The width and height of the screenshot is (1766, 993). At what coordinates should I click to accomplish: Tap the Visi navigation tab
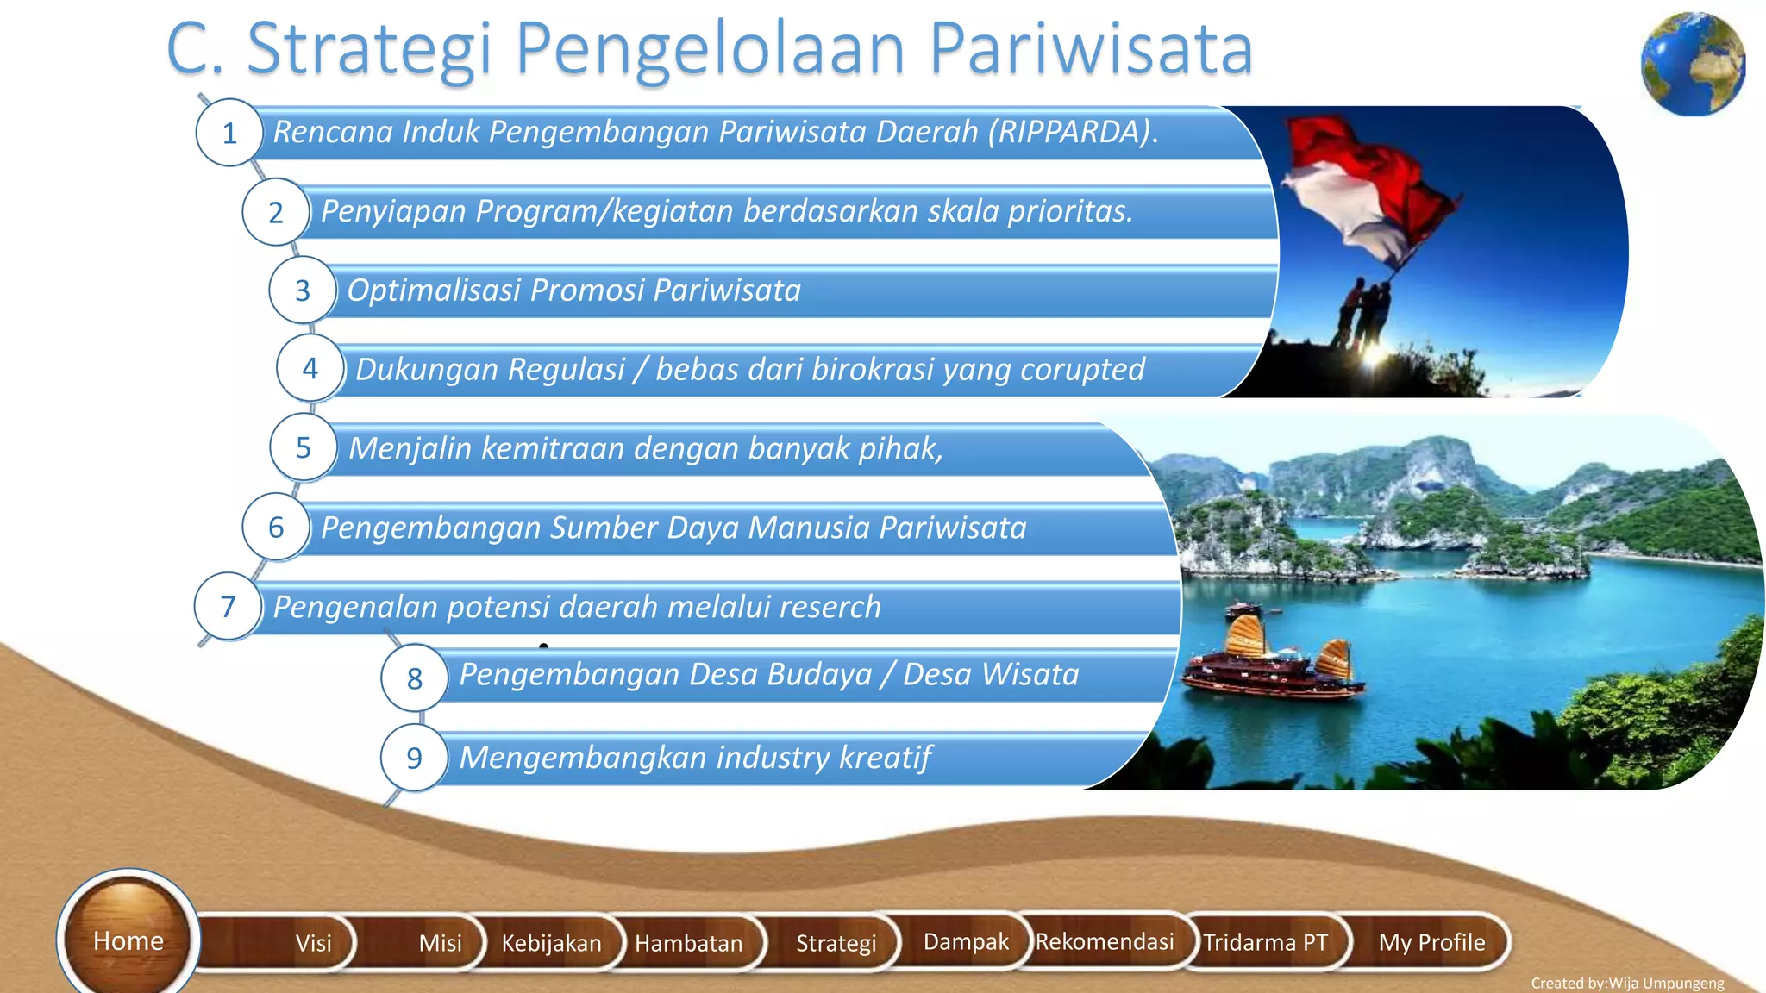(313, 942)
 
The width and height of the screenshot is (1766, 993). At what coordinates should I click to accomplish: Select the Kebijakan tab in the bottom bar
(551, 942)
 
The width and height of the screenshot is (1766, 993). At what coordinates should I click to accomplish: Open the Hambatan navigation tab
(688, 942)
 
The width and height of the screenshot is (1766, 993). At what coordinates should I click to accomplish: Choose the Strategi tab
(836, 942)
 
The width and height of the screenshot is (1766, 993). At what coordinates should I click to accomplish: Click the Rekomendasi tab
(1105, 941)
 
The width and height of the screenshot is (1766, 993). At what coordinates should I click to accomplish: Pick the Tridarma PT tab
(1265, 942)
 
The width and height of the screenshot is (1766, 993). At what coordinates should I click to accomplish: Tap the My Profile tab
(1431, 942)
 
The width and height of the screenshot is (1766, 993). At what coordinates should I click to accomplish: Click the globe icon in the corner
(1693, 65)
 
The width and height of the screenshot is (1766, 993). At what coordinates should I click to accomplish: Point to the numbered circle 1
(229, 133)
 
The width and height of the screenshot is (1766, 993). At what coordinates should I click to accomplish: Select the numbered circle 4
(310, 369)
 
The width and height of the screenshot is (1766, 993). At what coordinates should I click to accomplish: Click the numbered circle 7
(228, 607)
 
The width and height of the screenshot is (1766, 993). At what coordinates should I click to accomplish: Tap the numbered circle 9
(414, 758)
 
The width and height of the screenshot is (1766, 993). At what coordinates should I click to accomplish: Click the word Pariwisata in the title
(1091, 48)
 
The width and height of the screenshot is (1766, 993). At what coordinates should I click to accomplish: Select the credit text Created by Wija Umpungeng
(1627, 983)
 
